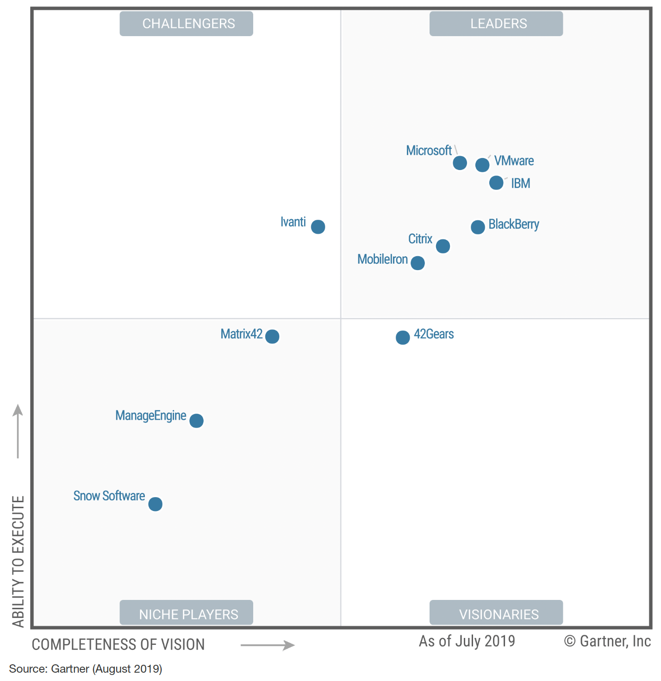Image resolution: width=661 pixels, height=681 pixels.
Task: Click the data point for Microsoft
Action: click(460, 163)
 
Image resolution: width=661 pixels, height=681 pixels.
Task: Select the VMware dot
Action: click(482, 165)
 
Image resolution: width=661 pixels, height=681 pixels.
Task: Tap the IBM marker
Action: click(496, 183)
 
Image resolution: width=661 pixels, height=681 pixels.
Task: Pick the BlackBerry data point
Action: click(478, 227)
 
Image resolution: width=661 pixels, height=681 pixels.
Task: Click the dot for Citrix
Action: click(443, 246)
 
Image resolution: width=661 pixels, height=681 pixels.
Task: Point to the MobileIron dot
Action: click(418, 263)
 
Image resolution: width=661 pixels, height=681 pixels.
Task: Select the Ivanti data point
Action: click(318, 227)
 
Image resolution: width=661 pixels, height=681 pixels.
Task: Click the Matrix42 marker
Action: click(272, 336)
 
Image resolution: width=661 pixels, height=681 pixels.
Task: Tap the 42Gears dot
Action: click(403, 337)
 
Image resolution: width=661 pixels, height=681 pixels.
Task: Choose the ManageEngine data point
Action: click(196, 421)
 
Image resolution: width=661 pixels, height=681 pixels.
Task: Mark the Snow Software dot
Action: click(156, 504)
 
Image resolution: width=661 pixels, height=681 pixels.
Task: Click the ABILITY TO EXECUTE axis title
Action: click(18, 561)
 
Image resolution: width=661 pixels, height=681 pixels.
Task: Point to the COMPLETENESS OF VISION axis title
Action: click(118, 644)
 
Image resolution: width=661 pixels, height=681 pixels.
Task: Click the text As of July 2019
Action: click(467, 641)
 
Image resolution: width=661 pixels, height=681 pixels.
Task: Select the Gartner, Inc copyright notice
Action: click(607, 641)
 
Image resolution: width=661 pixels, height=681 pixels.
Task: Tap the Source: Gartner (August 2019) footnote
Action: click(86, 669)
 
